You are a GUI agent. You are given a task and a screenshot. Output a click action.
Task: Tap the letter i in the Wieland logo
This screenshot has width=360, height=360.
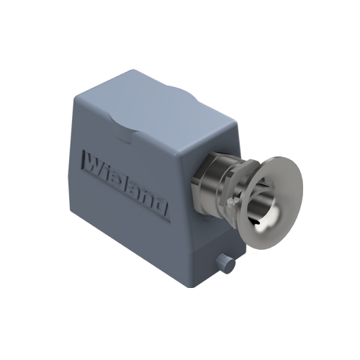tap(109, 172)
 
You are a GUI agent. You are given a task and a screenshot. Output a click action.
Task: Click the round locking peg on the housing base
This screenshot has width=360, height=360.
tap(225, 263)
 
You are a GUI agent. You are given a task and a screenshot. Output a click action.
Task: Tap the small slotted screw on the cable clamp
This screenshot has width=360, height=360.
tap(232, 203)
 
